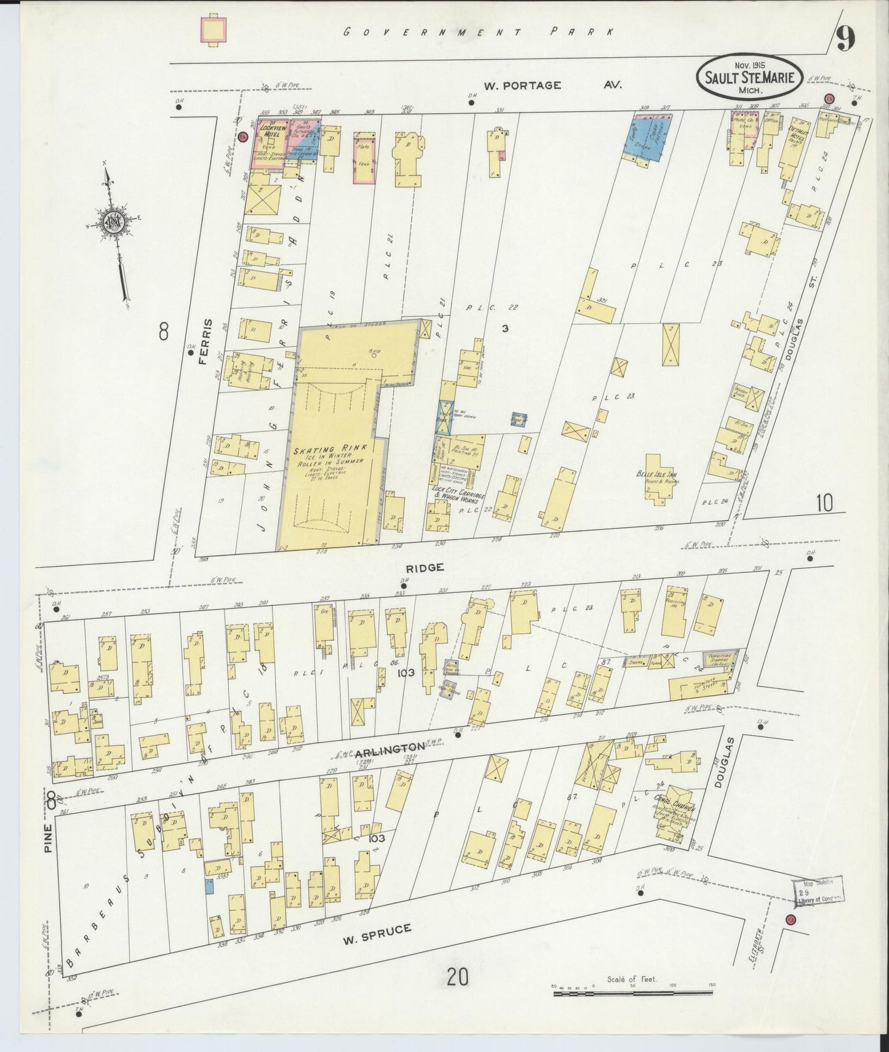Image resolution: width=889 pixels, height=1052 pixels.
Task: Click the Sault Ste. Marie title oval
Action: tap(748, 77)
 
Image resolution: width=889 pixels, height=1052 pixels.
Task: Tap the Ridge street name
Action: tap(425, 567)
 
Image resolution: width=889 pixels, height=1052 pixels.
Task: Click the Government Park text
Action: tap(478, 32)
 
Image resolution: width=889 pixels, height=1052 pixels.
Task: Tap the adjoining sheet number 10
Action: tap(824, 503)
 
